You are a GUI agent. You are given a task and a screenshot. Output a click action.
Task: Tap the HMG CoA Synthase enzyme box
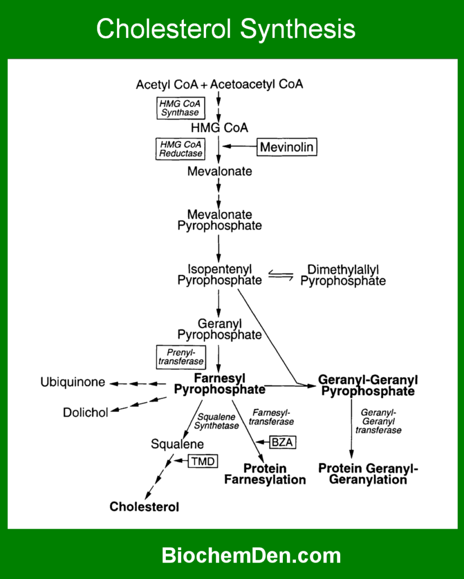point(180,107)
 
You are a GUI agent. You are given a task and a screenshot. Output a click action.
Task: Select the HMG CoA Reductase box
point(180,149)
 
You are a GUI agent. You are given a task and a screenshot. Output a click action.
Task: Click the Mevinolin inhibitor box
point(287,148)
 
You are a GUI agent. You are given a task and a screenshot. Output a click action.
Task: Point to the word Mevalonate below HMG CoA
point(220,171)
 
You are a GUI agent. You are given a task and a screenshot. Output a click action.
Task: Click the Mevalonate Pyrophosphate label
point(220,220)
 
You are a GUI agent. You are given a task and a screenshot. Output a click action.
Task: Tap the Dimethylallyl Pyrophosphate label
point(343,275)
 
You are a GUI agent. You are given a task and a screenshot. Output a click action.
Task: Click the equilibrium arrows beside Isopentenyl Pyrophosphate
point(281,276)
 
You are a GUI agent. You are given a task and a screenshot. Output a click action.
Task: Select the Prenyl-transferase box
point(181,357)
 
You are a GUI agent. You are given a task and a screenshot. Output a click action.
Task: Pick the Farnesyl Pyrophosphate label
point(220,383)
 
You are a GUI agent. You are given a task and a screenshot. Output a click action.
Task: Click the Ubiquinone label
point(72,382)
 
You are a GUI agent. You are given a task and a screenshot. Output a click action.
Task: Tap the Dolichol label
point(85,412)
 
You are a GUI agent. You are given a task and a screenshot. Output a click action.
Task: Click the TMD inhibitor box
point(203,461)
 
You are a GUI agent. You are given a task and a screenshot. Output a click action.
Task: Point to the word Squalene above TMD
point(177,444)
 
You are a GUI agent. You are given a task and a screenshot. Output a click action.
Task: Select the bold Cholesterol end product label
point(144,507)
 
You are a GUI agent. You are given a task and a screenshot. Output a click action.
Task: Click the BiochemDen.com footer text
point(251,555)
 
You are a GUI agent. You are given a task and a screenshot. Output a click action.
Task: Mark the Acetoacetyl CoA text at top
point(257,84)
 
